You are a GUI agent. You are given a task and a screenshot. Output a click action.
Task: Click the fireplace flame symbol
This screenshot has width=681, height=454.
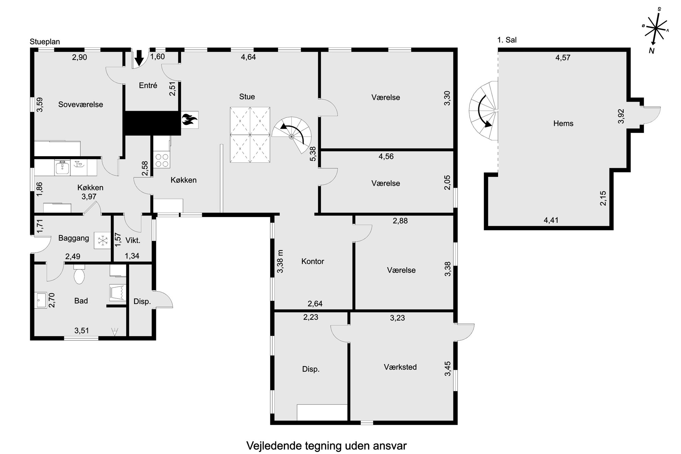point(189,120)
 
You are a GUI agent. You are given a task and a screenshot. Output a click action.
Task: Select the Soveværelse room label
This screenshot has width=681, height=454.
point(81,104)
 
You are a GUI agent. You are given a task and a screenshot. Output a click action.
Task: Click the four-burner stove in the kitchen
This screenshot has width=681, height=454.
point(162,160)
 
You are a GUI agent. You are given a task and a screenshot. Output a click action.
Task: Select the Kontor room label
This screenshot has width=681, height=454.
point(313,261)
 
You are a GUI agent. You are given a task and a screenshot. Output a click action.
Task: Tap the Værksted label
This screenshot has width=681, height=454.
point(400,367)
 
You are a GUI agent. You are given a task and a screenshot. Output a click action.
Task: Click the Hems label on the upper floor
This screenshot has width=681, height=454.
point(563,124)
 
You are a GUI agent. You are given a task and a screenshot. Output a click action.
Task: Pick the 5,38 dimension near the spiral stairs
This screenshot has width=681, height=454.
point(313,154)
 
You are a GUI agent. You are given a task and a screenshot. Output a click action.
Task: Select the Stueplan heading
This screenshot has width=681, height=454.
point(45,42)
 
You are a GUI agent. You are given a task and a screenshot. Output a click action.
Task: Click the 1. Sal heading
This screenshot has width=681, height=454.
point(507,40)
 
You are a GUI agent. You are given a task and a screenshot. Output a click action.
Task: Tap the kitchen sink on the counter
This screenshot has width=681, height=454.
point(62,167)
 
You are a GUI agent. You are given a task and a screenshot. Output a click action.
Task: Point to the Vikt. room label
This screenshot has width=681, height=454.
point(133,241)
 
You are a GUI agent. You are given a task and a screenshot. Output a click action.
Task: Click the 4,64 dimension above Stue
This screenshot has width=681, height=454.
point(248,57)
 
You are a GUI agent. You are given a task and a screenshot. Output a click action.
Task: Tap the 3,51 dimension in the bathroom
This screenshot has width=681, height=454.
point(82,330)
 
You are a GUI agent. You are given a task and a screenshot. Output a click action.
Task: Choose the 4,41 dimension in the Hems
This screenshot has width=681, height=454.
point(551,220)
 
